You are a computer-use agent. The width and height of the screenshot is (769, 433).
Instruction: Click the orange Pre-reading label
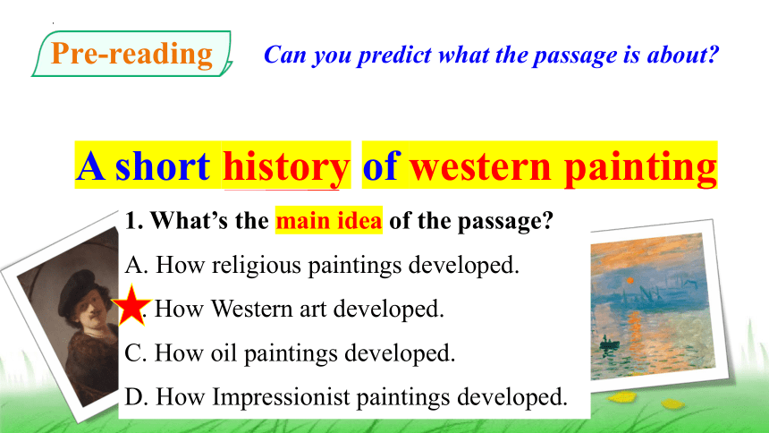coord(131,54)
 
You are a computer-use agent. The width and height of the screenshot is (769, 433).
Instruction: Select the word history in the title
coord(286,166)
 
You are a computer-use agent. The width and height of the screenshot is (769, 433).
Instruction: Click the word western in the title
coord(481,166)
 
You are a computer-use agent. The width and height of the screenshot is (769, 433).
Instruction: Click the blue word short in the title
coord(163,166)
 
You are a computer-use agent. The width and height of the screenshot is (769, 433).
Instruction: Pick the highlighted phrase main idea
coord(328,220)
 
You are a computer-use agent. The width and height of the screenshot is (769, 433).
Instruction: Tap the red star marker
coord(131,306)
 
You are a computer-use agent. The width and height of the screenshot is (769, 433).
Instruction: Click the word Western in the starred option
coord(251,309)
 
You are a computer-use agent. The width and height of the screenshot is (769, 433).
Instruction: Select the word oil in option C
coord(224,352)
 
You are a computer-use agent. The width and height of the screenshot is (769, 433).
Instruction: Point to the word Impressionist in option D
coord(281,397)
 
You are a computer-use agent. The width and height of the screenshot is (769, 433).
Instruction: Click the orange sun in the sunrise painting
coord(630,281)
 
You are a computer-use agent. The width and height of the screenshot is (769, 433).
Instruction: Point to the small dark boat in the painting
coord(610,344)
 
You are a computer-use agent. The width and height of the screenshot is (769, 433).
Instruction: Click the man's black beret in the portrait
coord(79,290)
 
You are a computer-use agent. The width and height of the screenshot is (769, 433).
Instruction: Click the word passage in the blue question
coord(575,55)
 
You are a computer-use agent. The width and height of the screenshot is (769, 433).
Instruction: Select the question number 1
coord(133,220)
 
